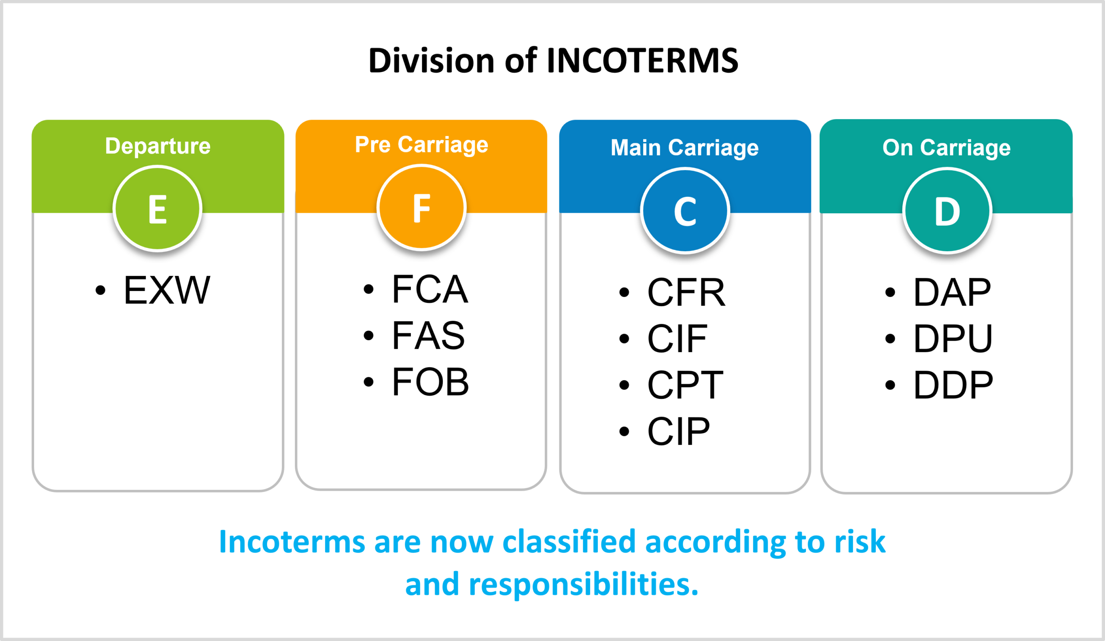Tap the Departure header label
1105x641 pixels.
(x=158, y=146)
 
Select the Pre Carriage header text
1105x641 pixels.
(x=421, y=145)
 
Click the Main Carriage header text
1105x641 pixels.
(x=685, y=148)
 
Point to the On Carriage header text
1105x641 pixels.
(x=947, y=148)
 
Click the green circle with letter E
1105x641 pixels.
(x=158, y=209)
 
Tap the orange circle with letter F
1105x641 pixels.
(x=421, y=208)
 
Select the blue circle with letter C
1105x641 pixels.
(x=685, y=212)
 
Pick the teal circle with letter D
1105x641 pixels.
(x=947, y=212)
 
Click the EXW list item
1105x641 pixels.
(x=167, y=290)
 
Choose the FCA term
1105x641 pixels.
(x=430, y=289)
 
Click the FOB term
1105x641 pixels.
(x=430, y=382)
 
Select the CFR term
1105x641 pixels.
(x=686, y=292)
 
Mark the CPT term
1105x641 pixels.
(x=685, y=385)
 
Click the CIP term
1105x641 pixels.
(x=679, y=431)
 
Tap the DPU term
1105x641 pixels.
(x=953, y=338)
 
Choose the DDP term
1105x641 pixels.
(x=953, y=385)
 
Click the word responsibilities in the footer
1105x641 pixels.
(x=583, y=584)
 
